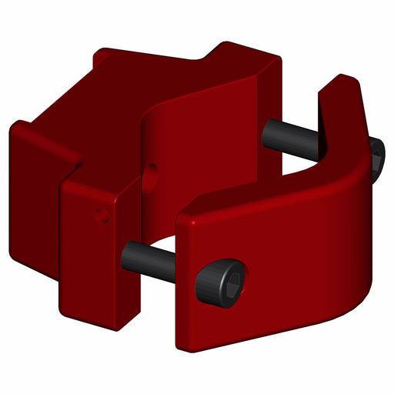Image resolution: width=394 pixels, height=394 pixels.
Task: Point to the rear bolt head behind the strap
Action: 376,158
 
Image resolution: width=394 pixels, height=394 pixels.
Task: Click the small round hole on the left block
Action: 102,215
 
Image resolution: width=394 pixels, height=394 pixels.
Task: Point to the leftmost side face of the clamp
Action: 35,177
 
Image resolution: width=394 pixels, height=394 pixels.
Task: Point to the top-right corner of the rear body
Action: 277,58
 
